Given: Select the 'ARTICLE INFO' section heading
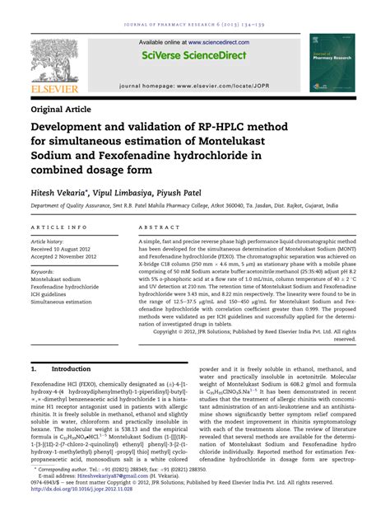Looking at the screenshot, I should [x=58, y=225].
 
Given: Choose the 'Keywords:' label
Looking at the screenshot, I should [x=47, y=270].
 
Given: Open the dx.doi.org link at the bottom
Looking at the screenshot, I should [x=87, y=512].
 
